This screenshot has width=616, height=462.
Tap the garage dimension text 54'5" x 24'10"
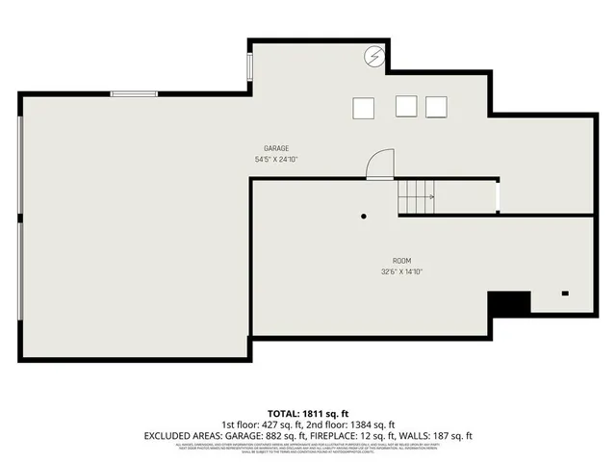coord(277,159)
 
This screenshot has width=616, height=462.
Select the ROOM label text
coord(401,261)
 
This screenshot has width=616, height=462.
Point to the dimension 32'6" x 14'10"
coord(401,271)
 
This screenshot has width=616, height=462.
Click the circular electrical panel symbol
coord(374,57)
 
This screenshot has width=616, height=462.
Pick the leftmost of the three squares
coord(364,107)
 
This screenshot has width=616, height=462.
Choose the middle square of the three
coord(406,106)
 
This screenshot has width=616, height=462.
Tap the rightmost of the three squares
coord(437,106)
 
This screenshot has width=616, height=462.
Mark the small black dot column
coord(364,217)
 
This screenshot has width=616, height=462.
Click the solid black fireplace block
coord(509,303)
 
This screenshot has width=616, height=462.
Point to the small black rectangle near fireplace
coord(565,293)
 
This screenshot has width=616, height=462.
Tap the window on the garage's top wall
coord(134,93)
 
